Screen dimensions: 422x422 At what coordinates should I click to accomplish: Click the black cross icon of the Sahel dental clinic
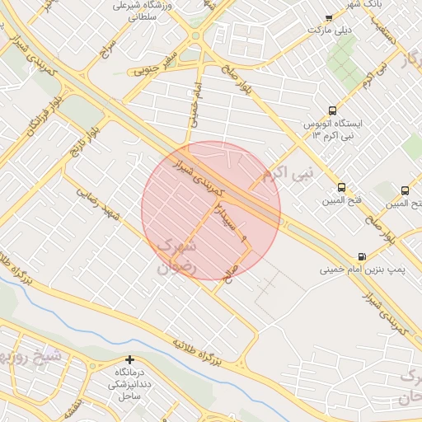pos(129,359)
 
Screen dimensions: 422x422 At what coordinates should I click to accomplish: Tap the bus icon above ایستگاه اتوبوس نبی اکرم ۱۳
pos(332,110)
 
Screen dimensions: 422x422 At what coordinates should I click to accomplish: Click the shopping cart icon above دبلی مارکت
pos(329,18)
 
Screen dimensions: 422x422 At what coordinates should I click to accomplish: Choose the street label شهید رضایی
pos(101,203)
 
